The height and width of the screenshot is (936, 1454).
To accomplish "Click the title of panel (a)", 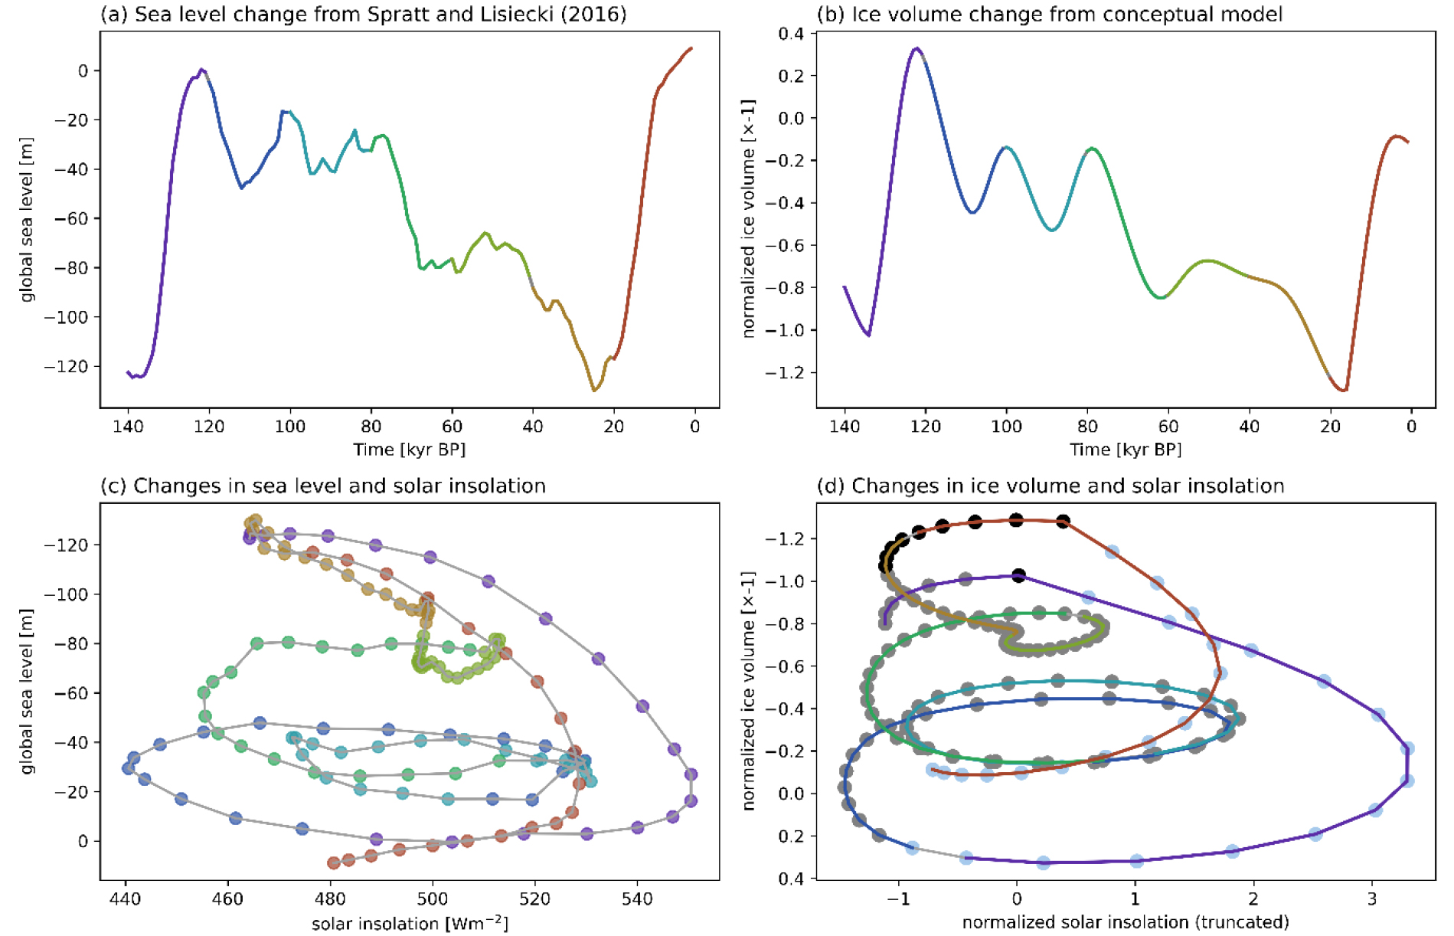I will click(363, 15).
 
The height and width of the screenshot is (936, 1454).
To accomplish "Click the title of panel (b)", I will click(1049, 15).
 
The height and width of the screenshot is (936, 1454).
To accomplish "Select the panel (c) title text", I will click(322, 486).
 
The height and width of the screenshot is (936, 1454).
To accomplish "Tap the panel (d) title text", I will click(1050, 486).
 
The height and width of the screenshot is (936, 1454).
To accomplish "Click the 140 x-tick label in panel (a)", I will click(128, 427).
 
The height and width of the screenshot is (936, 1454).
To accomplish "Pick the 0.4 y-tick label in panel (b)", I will click(792, 34).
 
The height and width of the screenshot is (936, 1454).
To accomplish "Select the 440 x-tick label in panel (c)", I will click(126, 898).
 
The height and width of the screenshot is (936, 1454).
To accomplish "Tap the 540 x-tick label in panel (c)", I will click(637, 898).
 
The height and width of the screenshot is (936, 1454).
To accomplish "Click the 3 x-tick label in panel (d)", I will click(1371, 898).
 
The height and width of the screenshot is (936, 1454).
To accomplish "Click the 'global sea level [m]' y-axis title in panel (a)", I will click(28, 220).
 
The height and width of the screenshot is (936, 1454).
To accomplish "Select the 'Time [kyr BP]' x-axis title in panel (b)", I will click(1126, 450).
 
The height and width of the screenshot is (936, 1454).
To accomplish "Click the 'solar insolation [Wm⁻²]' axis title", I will click(410, 923).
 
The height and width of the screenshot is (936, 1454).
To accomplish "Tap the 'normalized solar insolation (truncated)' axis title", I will click(1126, 922).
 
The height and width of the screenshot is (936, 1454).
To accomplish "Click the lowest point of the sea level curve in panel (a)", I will click(594, 391).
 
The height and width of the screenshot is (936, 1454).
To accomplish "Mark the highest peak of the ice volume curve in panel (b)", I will click(916, 48).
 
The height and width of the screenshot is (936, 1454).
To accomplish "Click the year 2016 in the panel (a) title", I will click(597, 15).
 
